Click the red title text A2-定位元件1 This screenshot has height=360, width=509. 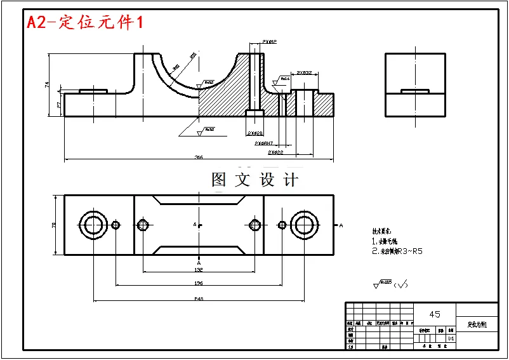click(x=84, y=23)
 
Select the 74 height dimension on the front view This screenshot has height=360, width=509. click(x=47, y=84)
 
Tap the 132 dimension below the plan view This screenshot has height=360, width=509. click(x=198, y=269)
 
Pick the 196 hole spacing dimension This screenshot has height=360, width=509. click(x=198, y=283)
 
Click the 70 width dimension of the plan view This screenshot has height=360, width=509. click(x=54, y=225)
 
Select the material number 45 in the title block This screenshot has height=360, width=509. click(x=435, y=314)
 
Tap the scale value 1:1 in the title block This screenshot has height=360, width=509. click(x=451, y=338)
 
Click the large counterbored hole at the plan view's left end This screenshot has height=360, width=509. click(x=93, y=225)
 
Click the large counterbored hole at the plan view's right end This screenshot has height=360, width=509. click(x=303, y=225)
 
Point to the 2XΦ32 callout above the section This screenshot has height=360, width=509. click(x=304, y=73)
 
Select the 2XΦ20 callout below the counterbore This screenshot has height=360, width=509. click(x=255, y=133)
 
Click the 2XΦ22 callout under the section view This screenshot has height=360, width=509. click(x=275, y=152)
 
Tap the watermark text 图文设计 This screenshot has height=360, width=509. click(x=255, y=180)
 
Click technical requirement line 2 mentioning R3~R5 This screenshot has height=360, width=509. click(x=397, y=251)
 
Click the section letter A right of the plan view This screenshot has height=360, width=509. click(x=341, y=225)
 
